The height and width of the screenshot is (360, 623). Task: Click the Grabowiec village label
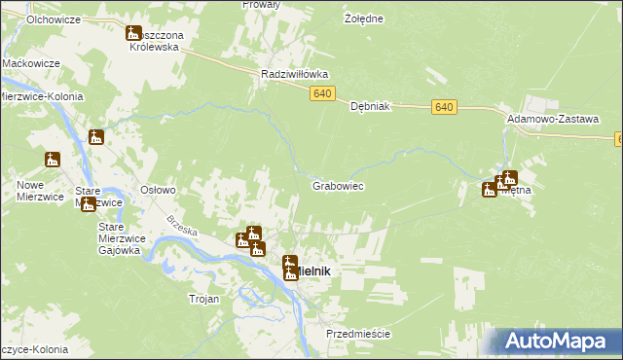point(338,185)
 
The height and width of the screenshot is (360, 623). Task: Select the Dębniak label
point(370,108)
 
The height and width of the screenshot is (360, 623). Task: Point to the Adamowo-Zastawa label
point(552,118)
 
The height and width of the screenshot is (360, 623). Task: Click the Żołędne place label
point(364,18)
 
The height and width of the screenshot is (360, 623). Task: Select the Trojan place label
point(203,299)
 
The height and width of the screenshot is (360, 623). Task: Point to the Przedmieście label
point(358,334)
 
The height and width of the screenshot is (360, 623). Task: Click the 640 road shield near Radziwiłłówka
point(324,93)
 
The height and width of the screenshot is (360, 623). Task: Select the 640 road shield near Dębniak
point(444,106)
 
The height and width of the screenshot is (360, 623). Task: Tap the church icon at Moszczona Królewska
point(134,36)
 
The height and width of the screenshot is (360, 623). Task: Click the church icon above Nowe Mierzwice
point(53,160)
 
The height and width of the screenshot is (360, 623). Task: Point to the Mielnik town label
point(316,272)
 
